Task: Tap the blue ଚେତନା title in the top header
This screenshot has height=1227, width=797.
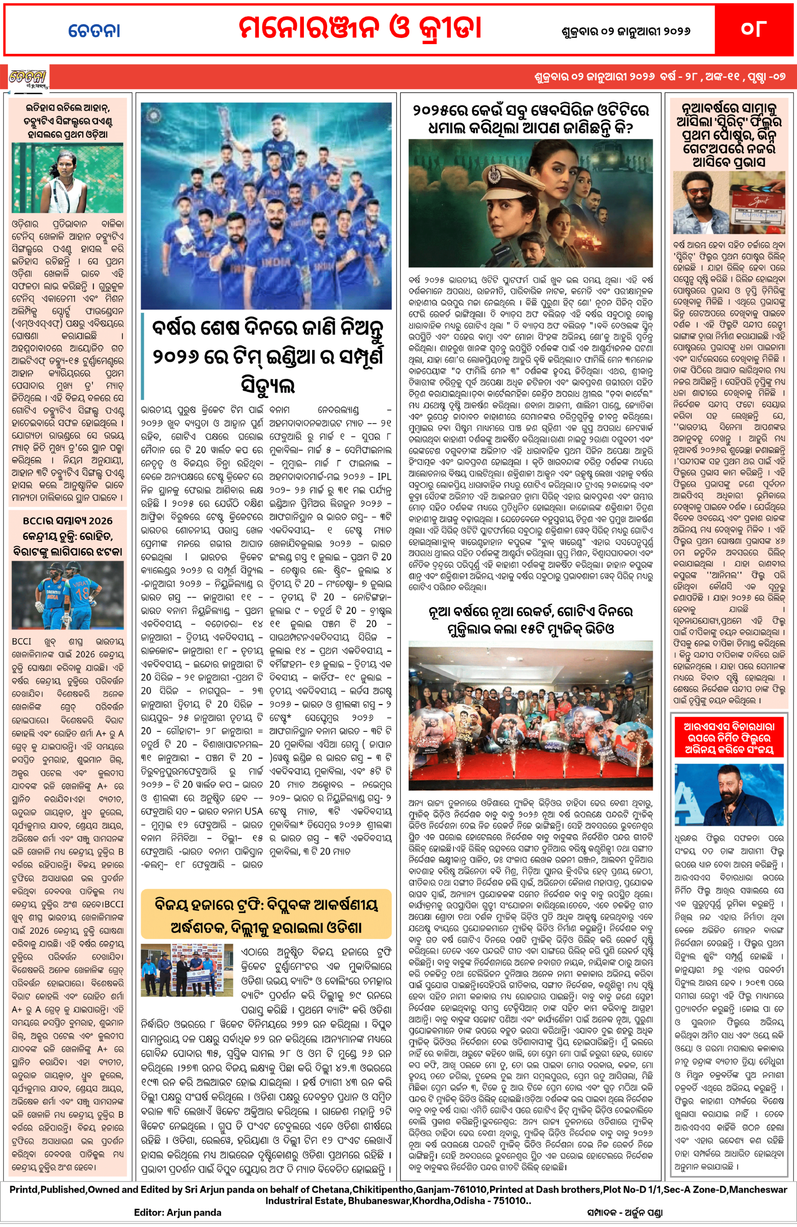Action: (94, 31)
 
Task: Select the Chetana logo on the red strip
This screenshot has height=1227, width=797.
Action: (28, 78)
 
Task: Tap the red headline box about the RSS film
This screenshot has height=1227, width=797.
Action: (728, 738)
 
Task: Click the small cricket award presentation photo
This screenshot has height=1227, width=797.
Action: (187, 969)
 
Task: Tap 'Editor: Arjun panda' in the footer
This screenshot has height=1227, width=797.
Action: (177, 1212)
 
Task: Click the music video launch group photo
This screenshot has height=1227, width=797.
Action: (530, 715)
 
